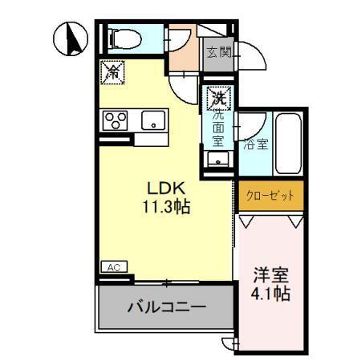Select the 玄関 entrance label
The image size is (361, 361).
click(218, 54)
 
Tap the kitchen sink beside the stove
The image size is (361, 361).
click(152, 121)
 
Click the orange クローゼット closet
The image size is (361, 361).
click(270, 195)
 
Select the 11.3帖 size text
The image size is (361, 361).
click(167, 206)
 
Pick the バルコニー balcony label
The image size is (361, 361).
click(168, 307)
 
